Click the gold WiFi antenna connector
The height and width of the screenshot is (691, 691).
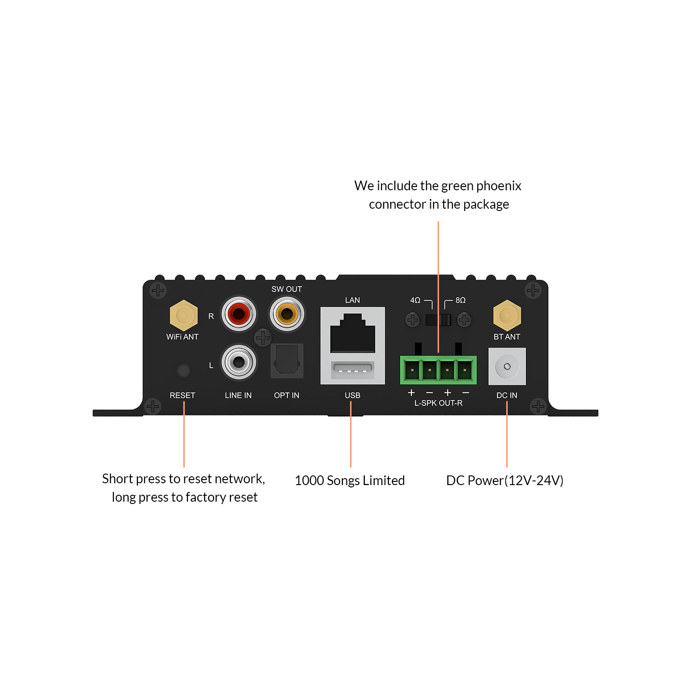click(184, 316)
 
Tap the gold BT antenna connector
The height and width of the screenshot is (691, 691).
click(507, 316)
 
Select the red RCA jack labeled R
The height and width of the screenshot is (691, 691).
click(239, 314)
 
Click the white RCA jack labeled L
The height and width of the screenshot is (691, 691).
click(239, 362)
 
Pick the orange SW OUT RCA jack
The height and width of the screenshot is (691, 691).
click(287, 314)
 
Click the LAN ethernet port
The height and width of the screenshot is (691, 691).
click(352, 333)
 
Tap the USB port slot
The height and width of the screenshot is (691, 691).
click(352, 369)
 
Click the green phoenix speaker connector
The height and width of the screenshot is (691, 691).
click(438, 369)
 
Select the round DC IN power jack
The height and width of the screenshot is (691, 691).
click(507, 367)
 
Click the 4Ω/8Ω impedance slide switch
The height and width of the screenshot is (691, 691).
click(438, 319)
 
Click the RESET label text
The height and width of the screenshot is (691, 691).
click(182, 395)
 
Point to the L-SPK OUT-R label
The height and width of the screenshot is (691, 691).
click(438, 403)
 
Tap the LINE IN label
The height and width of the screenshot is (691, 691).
click(238, 395)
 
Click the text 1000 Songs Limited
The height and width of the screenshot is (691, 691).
click(350, 480)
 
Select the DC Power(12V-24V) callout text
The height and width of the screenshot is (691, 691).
click(504, 480)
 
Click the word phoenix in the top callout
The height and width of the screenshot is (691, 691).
click(498, 186)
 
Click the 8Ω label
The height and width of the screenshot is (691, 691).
click(460, 300)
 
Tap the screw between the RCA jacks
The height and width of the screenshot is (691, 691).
click(263, 338)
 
